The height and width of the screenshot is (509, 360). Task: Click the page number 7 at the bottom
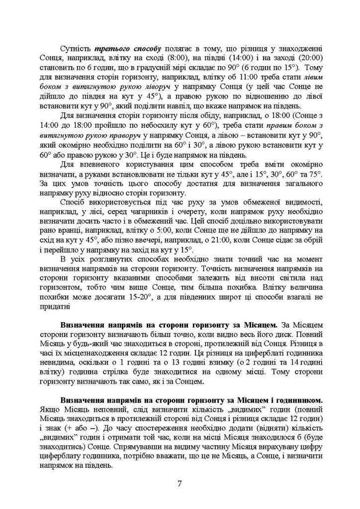[x=179, y=483]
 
